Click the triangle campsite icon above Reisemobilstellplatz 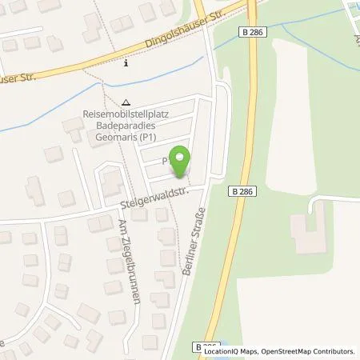[x=127, y=102]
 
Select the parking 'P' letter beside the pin [x=167, y=161]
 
